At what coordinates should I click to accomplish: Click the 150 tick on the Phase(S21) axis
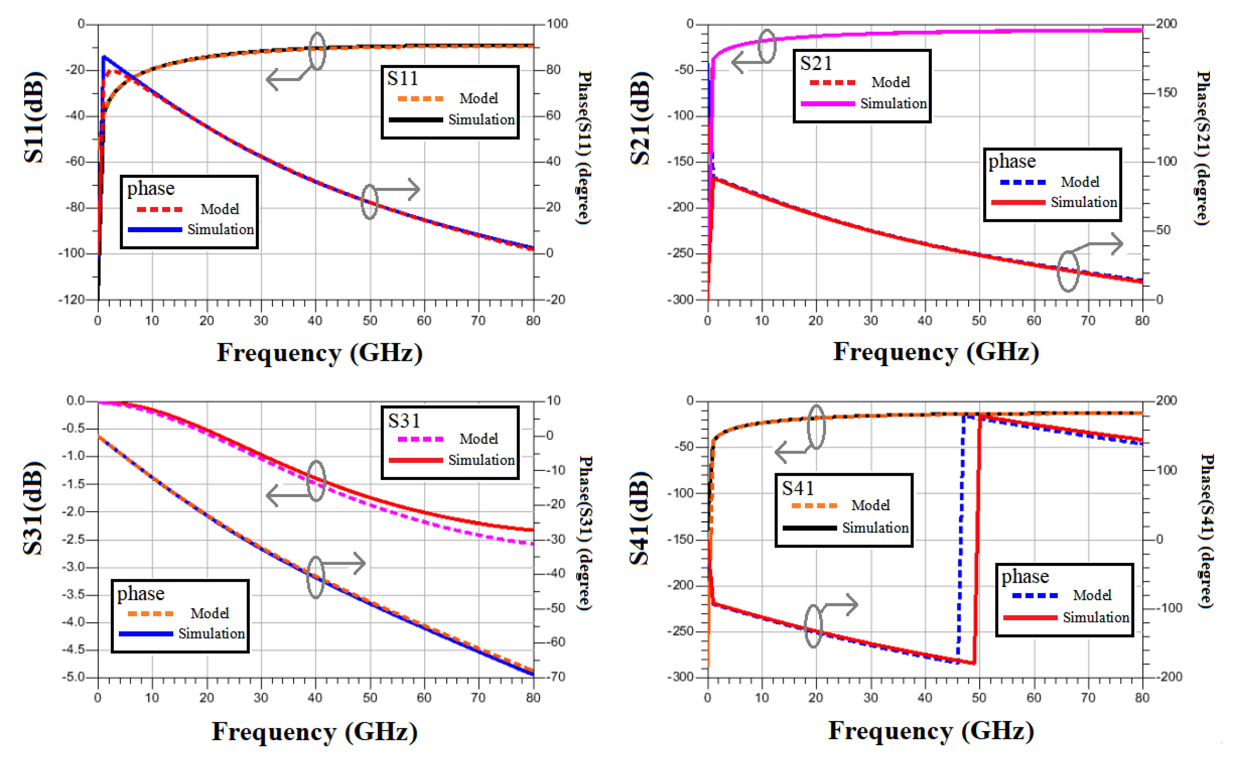point(1166,93)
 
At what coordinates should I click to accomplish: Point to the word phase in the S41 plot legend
point(1025,576)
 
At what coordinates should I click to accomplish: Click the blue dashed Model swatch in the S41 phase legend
point(1035,595)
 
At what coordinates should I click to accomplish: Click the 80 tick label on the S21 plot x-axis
point(1142,321)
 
